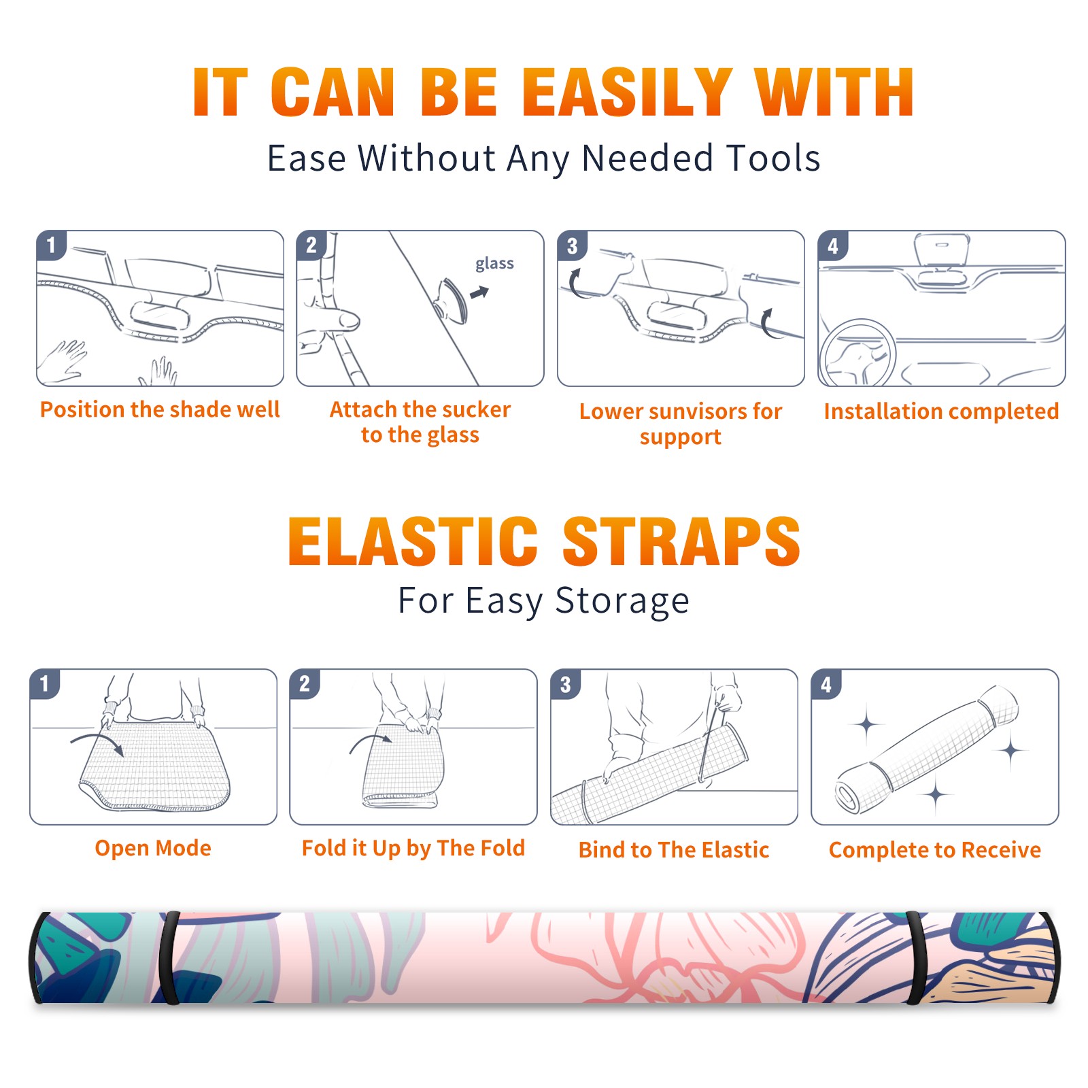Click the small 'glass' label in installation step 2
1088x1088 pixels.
pyautogui.click(x=494, y=264)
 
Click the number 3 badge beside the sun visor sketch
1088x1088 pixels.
pyautogui.click(x=572, y=246)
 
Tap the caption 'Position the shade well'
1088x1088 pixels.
pyautogui.click(x=160, y=409)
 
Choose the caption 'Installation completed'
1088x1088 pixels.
pyautogui.click(x=941, y=411)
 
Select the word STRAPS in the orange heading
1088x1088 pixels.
pyautogui.click(x=681, y=541)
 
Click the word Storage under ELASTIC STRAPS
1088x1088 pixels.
pyautogui.click(x=622, y=602)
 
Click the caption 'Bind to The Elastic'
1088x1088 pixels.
pyautogui.click(x=674, y=850)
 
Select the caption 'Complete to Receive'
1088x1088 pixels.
pyautogui.click(x=935, y=850)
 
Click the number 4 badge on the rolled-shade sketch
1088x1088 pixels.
pyautogui.click(x=826, y=684)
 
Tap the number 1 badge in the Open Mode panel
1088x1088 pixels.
pyautogui.click(x=45, y=684)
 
